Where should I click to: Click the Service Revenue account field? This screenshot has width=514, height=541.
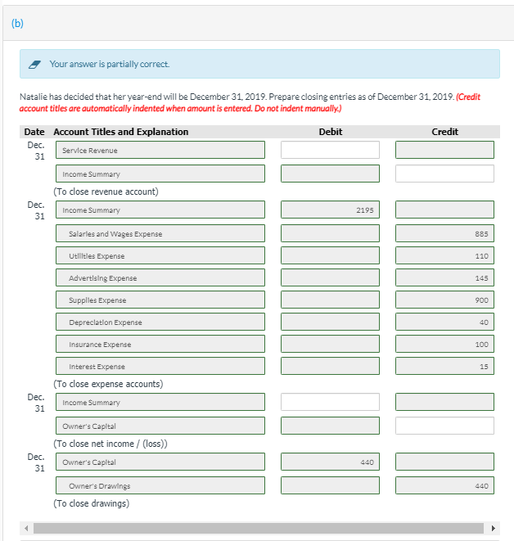coord(160,151)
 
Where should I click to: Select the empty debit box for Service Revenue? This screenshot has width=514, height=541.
coord(330,151)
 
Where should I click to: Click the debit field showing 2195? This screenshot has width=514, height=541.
coord(330,210)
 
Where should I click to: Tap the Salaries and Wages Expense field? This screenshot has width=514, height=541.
coord(160,234)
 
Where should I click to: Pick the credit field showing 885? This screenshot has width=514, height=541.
coord(444,234)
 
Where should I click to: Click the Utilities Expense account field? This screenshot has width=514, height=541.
coord(160,256)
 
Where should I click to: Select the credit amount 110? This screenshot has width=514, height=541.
coord(444,256)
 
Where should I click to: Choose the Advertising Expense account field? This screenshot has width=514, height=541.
coord(160,278)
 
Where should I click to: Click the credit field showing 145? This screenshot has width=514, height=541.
coord(444,278)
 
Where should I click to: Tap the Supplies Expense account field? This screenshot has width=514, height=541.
coord(160,300)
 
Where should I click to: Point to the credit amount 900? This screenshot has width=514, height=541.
coord(444,300)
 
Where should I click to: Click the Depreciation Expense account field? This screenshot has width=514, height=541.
coord(160,322)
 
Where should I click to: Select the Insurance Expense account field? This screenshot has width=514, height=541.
coord(160,345)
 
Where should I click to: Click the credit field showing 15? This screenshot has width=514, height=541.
coord(444,367)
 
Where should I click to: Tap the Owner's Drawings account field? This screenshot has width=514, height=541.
coord(160,486)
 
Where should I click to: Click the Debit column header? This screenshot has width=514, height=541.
coord(330,132)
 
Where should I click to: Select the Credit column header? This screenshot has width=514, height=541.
coord(444,132)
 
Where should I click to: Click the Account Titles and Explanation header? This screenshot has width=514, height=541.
coord(120,132)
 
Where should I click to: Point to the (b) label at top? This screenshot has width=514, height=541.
coord(18,23)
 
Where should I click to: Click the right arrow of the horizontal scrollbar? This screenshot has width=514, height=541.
coord(493,528)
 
